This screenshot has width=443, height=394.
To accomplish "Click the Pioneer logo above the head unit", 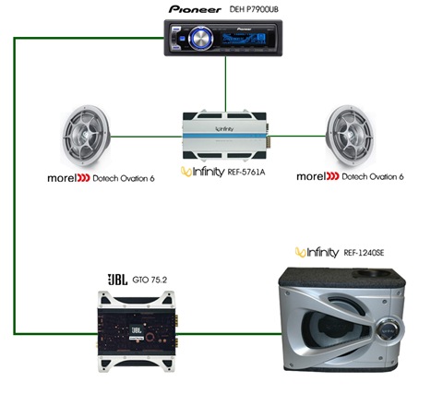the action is tap(195, 9).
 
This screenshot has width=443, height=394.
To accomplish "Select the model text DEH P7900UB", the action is tap(254, 9).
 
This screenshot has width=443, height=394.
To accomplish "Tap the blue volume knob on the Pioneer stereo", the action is tap(200, 39).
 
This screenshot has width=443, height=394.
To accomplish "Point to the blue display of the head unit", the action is tap(244, 39).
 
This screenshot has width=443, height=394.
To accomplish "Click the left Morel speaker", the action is tap(86, 137).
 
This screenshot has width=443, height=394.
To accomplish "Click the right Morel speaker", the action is tap(351, 136).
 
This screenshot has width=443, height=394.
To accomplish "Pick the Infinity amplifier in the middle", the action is tap(226, 136).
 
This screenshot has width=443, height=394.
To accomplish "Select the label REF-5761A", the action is tap(246, 172).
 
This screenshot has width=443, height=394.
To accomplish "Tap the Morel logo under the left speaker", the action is tap(68, 178).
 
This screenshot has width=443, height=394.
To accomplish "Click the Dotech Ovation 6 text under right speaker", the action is tap(373, 176).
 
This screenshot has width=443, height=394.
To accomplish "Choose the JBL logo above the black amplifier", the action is tap(117, 280).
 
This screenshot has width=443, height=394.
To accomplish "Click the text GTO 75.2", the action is tap(150, 280).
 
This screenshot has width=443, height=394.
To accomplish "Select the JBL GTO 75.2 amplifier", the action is tap(138, 331).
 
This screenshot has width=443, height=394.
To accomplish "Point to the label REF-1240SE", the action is tap(364, 253).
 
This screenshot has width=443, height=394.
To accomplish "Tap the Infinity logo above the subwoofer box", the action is tap(317, 253).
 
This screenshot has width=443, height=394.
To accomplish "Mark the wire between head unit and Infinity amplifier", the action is tap(225, 84).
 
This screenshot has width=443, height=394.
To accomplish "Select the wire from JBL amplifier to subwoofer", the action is tap(230, 333).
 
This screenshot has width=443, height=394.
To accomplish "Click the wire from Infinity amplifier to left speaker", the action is tap(147, 137).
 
